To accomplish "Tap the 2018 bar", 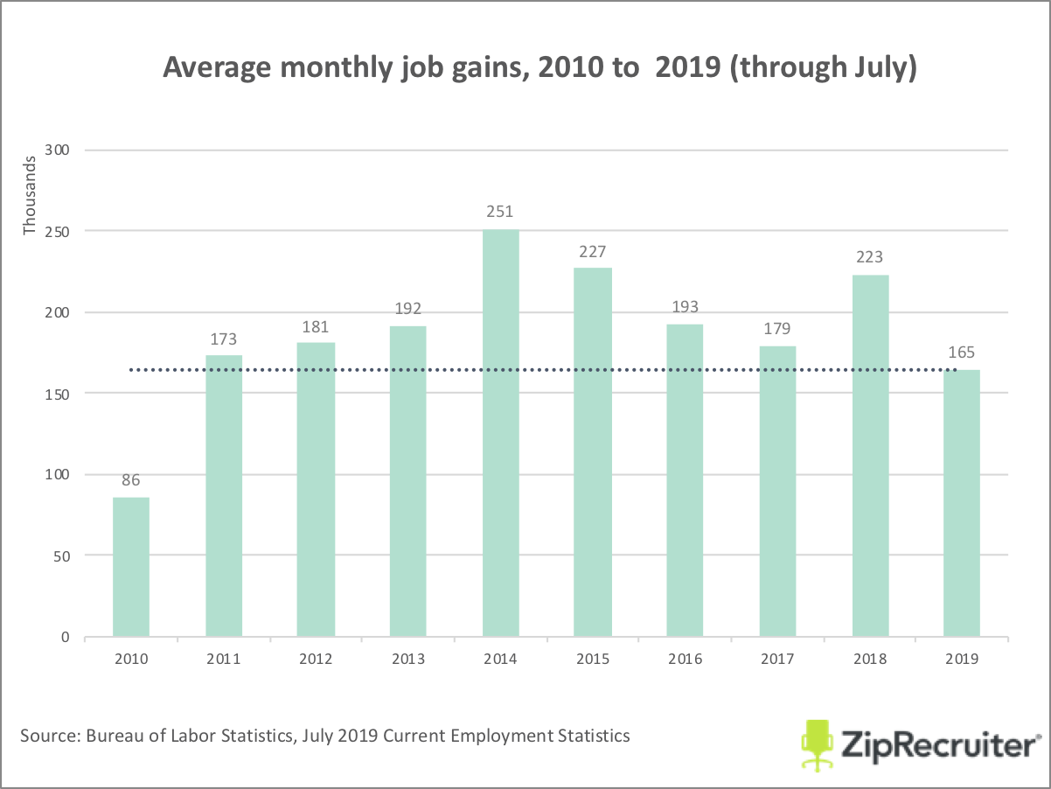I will coord(870,456).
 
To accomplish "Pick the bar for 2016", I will coord(685,480).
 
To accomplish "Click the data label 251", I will coord(500,212).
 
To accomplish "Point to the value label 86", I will coord(131,479).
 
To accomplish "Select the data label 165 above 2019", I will coord(962,353).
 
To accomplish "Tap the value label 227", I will coord(593,251).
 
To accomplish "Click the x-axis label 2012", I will coord(316,660).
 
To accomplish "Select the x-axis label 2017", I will coord(777,660).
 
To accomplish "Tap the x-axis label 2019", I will coord(962,660).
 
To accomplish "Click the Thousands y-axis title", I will coord(31,195).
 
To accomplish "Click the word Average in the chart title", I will coord(218,68).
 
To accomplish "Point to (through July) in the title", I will coord(823,68).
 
